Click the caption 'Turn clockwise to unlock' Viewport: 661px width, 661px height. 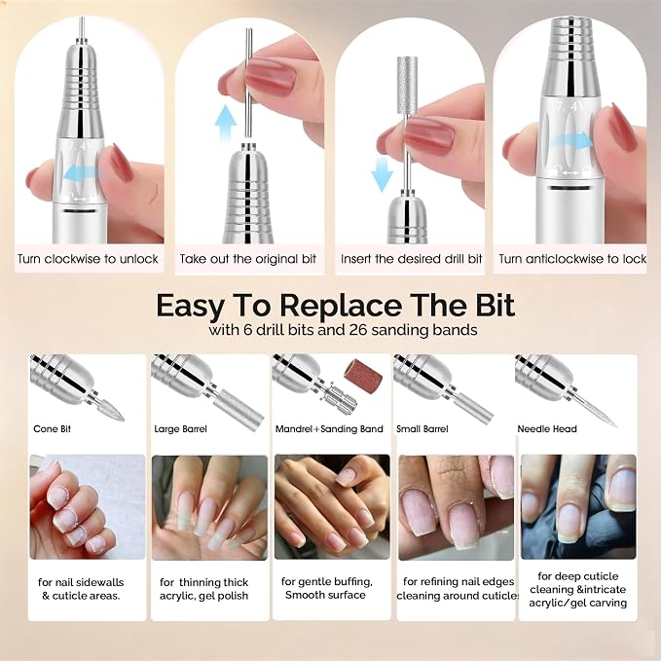coord(88,258)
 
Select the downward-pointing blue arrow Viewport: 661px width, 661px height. coord(383,173)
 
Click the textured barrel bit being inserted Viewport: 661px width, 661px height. coord(406,86)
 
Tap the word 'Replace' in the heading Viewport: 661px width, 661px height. coord(341,305)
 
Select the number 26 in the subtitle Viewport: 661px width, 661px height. coord(357,329)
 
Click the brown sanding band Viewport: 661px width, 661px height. coord(362,375)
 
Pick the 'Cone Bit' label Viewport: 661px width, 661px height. coord(52,428)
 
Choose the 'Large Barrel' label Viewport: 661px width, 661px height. coord(180,429)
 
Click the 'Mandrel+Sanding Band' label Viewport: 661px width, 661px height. coord(329,429)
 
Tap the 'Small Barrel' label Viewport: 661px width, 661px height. coord(422,429)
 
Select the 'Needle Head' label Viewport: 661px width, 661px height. coord(547,429)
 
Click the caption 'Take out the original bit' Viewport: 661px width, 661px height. coord(248,258)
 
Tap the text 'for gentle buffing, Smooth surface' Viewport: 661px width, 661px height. coord(327,589)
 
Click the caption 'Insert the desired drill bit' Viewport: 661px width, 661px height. coord(411,258)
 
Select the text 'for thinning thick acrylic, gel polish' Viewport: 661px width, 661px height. coord(204,589)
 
